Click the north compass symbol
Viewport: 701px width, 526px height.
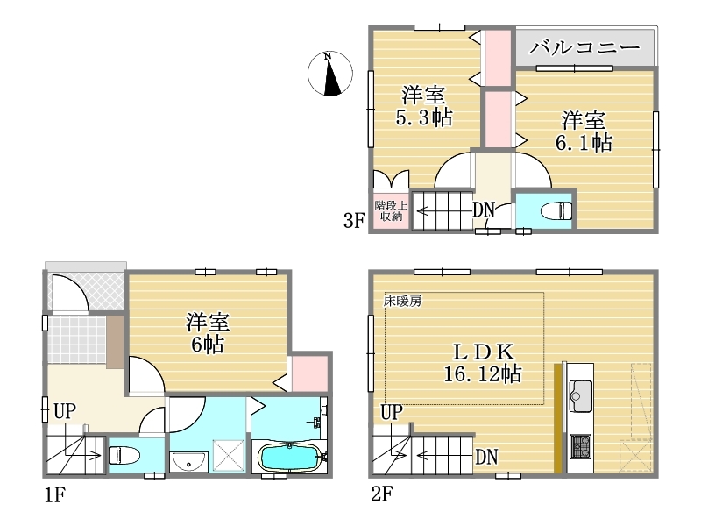(330, 74)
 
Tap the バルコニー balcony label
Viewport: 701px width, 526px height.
(584, 47)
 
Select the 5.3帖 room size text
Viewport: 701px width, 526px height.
(424, 117)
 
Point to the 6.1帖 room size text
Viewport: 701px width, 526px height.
(584, 143)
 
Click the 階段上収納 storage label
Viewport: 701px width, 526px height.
(391, 210)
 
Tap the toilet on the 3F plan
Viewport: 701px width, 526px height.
(556, 210)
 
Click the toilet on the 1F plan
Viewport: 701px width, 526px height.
(124, 455)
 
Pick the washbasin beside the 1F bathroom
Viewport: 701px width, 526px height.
(188, 461)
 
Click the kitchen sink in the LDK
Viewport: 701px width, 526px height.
(580, 395)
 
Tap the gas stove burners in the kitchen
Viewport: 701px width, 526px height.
(580, 446)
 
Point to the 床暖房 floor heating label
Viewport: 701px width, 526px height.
(402, 301)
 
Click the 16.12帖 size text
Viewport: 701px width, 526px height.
(483, 373)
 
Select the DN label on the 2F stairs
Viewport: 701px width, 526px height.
(486, 457)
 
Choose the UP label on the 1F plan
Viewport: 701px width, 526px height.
(65, 410)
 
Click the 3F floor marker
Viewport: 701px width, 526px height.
(354, 220)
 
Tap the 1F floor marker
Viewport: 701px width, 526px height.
(54, 494)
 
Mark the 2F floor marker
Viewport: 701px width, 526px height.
(381, 494)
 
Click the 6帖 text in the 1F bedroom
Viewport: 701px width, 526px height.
(208, 345)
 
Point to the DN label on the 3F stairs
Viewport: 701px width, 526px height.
(484, 209)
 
